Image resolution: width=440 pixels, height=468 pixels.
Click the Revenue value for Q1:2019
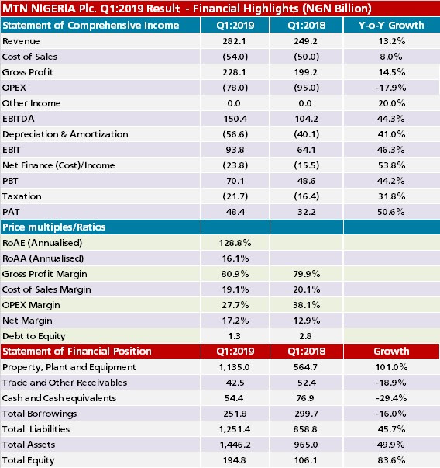[x=235, y=41]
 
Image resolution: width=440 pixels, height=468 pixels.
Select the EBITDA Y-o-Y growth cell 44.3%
[x=391, y=119]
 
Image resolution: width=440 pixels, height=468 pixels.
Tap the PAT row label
[x=11, y=212]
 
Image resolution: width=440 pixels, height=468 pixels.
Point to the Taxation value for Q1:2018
[x=306, y=196]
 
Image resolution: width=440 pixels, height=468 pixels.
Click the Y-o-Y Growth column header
[x=391, y=26]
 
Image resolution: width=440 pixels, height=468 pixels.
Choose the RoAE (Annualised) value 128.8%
[x=235, y=243]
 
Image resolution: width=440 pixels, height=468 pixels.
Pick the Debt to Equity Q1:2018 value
[x=306, y=336]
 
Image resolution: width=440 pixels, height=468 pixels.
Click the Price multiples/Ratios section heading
[x=54, y=227]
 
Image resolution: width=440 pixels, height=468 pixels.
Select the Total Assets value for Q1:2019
[x=235, y=445]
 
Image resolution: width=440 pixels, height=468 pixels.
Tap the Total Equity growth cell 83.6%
[x=391, y=460]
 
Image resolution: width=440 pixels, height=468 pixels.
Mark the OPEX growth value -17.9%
[x=390, y=88]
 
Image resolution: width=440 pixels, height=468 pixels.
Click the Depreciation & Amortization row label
[x=65, y=134]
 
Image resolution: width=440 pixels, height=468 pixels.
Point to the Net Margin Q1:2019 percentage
[x=235, y=321]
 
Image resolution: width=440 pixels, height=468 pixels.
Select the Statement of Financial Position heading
[x=77, y=352]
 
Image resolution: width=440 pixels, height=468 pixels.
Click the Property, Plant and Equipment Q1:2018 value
[x=306, y=367]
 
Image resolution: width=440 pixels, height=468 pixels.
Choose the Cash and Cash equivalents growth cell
[x=391, y=398]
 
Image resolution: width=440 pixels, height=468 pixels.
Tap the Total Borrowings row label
[x=40, y=414]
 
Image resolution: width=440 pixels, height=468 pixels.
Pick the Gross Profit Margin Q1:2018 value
[x=307, y=274]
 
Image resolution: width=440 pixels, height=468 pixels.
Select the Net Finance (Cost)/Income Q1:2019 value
[x=235, y=165]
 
